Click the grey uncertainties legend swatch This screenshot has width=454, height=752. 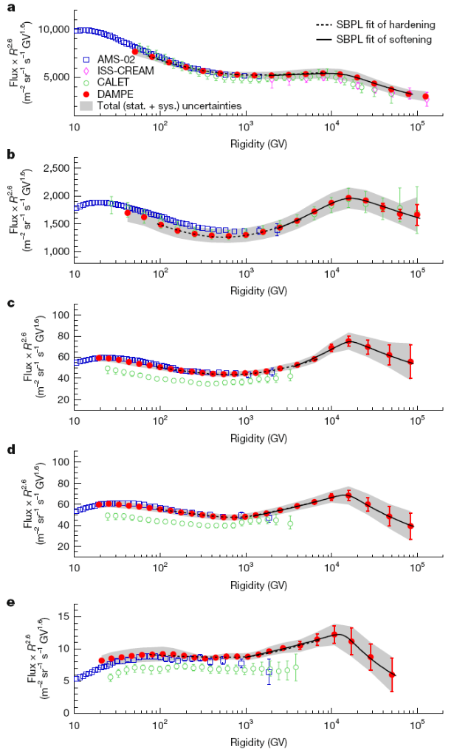(x=86, y=106)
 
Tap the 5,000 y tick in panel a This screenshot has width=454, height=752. (x=56, y=77)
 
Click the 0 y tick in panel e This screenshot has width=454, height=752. (x=66, y=714)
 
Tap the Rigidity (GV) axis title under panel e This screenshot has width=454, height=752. (x=248, y=741)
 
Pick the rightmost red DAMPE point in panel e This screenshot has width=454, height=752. (x=392, y=675)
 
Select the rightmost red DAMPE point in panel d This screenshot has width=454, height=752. (x=410, y=526)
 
